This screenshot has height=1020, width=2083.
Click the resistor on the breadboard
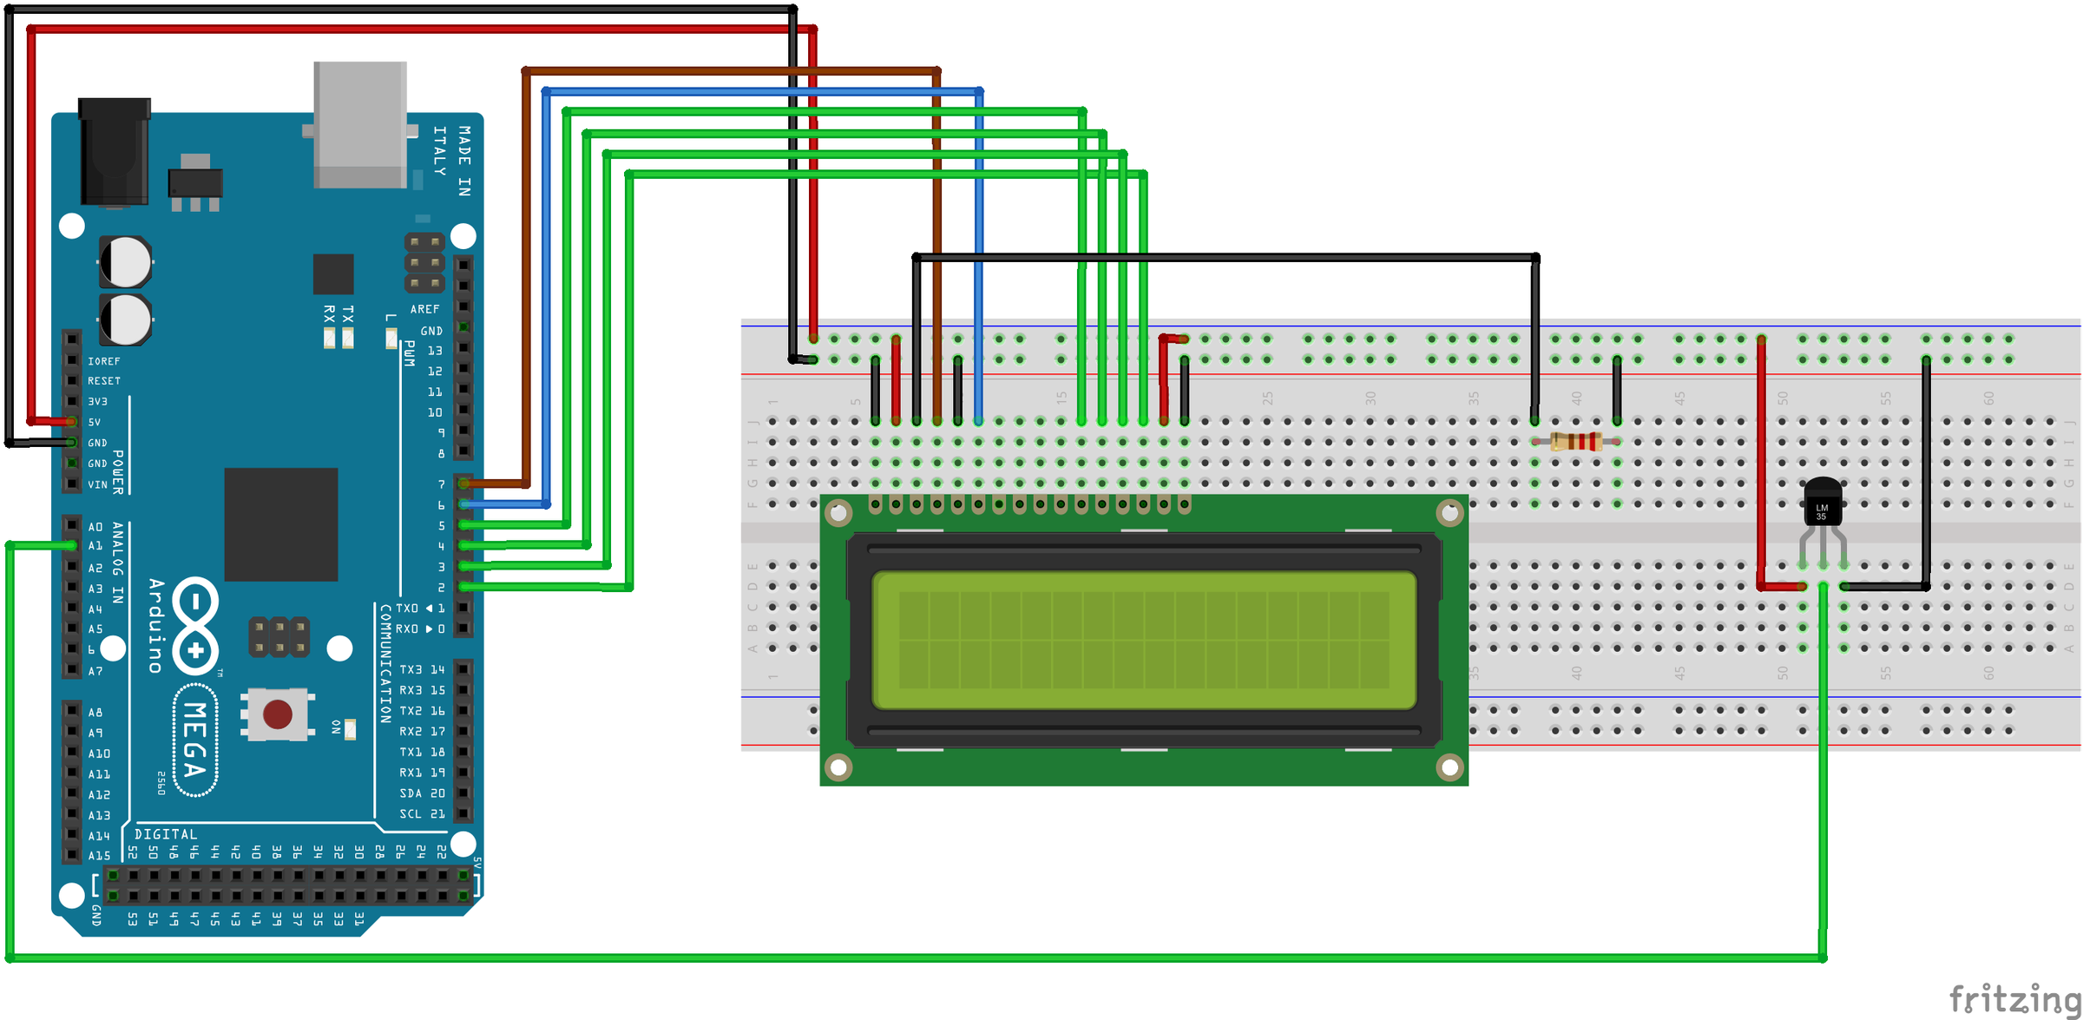[1576, 442]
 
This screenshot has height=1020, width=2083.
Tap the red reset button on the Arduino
[277, 714]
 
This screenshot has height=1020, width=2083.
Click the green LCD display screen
[1144, 640]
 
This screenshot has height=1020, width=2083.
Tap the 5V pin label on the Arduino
[95, 423]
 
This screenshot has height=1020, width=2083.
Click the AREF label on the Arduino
[424, 309]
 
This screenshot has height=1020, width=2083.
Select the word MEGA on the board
[194, 740]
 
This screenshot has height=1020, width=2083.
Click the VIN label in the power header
[97, 485]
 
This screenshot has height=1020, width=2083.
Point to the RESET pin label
[104, 381]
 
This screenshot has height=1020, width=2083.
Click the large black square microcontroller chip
[280, 524]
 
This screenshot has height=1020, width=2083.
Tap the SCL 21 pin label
[422, 814]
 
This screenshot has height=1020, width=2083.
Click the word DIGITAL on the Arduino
[166, 834]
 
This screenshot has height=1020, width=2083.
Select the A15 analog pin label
[99, 856]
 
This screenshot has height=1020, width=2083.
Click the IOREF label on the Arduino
[104, 361]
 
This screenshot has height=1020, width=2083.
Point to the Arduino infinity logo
[195, 626]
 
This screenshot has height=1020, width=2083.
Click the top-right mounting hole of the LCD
[1449, 513]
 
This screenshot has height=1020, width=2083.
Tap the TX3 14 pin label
[422, 670]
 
